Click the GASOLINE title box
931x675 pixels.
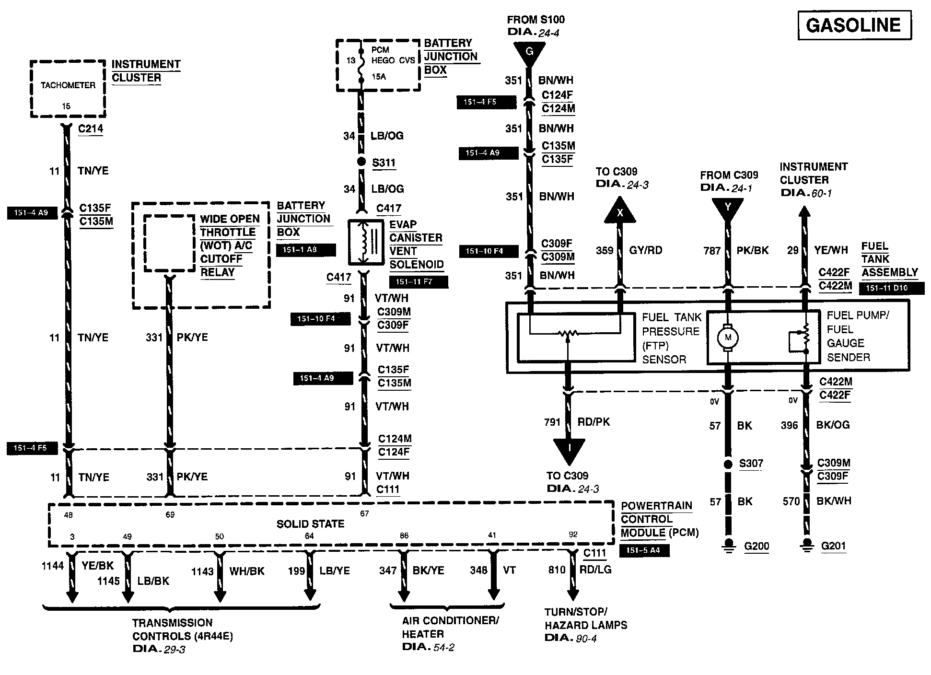pos(854,25)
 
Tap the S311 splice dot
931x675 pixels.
pos(362,162)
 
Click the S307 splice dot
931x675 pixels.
pos(728,464)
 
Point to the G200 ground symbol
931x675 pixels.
pos(729,545)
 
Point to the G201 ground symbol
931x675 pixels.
pos(806,545)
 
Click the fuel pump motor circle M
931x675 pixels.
pos(728,337)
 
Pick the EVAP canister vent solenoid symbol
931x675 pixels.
pos(366,243)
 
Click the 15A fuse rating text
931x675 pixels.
pos(379,76)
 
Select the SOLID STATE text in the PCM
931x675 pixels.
pos(310,524)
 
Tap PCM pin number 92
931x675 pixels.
pos(573,535)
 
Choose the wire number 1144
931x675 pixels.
pos(53,566)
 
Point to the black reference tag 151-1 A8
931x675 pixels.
pos(306,250)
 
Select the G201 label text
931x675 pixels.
pos(833,546)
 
